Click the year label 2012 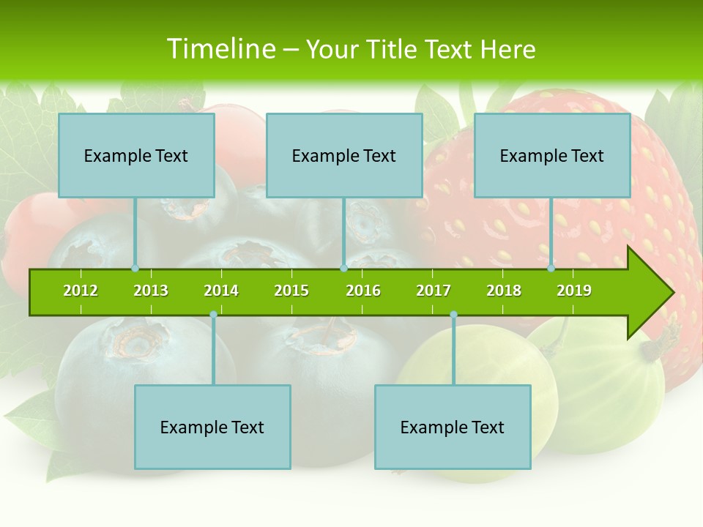[x=81, y=291]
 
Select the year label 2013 [x=151, y=291]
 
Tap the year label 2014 [x=221, y=291]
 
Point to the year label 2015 [x=291, y=291]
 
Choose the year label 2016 [x=363, y=291]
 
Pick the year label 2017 [x=434, y=291]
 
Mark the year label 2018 [x=504, y=291]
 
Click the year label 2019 [x=574, y=291]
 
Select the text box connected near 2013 [x=136, y=155]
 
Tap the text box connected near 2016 [x=344, y=155]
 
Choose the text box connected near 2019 [x=552, y=155]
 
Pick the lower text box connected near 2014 [x=212, y=427]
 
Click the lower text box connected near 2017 [x=453, y=427]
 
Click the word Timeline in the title [x=220, y=49]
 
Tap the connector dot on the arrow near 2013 [x=135, y=269]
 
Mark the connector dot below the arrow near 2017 [x=453, y=315]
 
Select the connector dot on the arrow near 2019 [x=551, y=269]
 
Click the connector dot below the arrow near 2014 [x=213, y=315]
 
